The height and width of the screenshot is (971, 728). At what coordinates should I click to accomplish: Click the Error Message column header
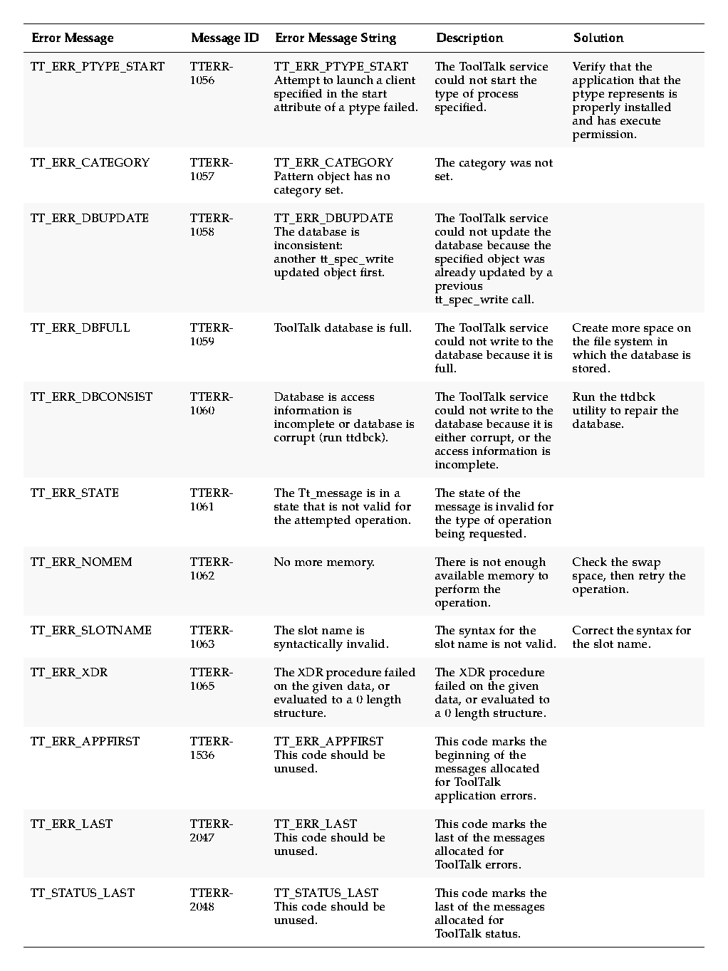coord(72,38)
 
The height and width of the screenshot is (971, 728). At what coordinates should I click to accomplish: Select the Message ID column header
coord(224,38)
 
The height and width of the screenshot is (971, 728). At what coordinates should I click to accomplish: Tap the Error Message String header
coord(335,38)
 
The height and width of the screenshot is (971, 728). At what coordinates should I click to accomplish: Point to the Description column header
coord(469,38)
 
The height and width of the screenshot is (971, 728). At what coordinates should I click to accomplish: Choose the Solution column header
coord(598,38)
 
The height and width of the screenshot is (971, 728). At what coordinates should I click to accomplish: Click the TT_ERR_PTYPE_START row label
coord(98,67)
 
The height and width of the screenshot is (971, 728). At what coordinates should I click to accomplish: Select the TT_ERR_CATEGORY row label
coord(90,163)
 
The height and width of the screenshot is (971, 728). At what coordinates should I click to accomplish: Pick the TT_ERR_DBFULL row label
coord(80,328)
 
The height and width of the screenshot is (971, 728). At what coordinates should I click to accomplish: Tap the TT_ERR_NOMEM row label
coord(81,562)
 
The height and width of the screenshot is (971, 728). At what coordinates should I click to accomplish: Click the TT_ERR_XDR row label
coord(69,673)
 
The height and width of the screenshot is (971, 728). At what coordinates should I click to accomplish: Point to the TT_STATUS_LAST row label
coord(83,893)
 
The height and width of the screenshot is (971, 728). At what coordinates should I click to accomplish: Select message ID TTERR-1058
coord(211,225)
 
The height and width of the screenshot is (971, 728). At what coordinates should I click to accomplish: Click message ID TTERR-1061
coord(211,500)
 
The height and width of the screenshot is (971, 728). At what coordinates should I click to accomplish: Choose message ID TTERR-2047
coord(211,831)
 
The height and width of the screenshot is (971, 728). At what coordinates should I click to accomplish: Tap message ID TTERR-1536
coord(211,748)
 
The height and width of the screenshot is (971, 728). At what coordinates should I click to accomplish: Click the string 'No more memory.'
coord(323,562)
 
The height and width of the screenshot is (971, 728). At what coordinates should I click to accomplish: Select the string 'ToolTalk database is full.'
coord(343,328)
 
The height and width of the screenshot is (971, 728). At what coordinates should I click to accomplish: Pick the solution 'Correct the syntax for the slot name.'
coord(631,637)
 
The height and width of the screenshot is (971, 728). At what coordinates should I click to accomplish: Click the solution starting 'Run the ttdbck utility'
coord(625,411)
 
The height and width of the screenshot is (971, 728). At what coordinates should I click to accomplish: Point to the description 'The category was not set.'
coord(493,169)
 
